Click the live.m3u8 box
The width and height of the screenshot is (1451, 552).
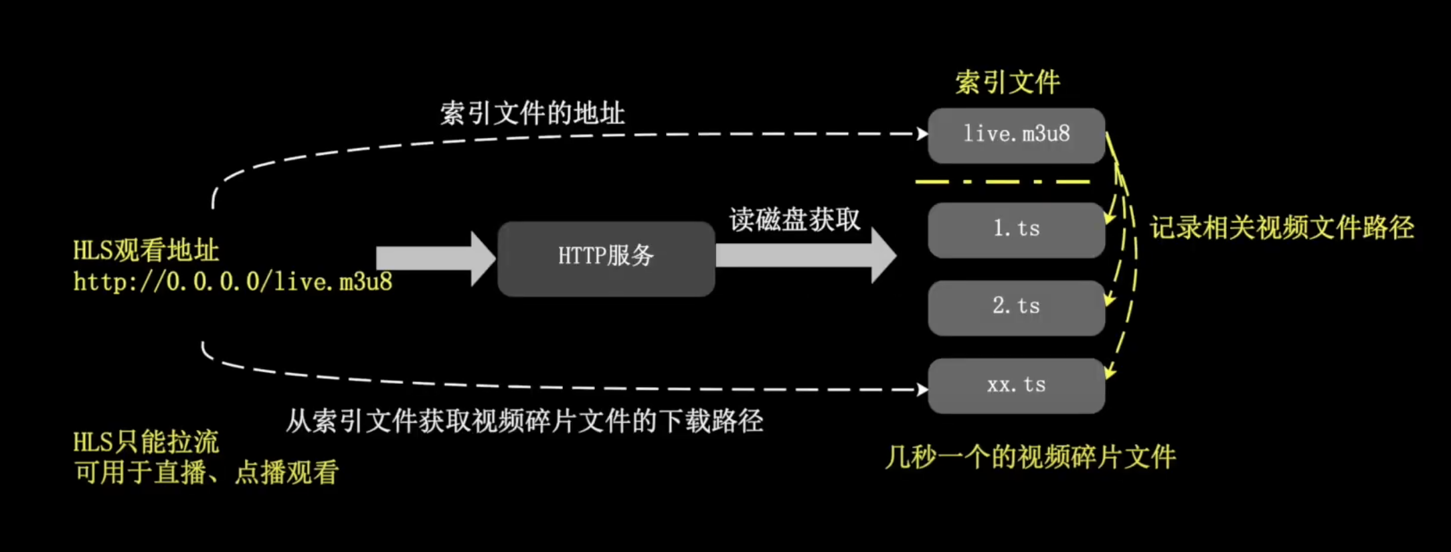[1016, 135]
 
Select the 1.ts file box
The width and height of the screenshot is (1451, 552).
[1016, 230]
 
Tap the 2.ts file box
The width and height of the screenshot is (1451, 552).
[1016, 307]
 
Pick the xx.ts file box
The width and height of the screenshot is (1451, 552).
[1016, 385]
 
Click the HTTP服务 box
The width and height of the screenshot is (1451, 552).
[606, 259]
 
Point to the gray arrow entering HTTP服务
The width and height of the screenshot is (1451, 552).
[435, 259]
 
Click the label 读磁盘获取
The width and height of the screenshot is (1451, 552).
[794, 220]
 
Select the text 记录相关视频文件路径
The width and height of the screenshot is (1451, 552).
[1282, 228]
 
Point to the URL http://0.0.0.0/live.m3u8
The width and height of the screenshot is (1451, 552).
[233, 282]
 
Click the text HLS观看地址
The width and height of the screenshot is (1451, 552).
[146, 251]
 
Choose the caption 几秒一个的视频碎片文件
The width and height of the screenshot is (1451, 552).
[1030, 458]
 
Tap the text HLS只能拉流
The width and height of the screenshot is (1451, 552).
[146, 442]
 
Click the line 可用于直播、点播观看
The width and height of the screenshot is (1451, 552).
[206, 473]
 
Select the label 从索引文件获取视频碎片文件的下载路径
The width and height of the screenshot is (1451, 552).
[525, 421]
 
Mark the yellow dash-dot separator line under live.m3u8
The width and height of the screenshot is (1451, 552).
[1002, 182]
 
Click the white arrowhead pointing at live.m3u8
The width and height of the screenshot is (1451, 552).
[922, 134]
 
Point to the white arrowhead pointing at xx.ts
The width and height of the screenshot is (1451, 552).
[922, 389]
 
